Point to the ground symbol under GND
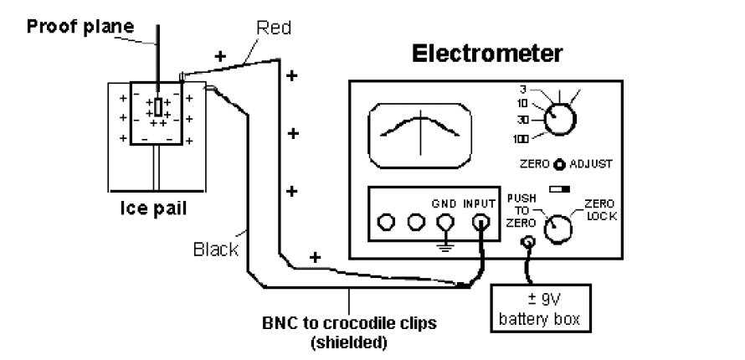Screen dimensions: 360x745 tap(444, 248)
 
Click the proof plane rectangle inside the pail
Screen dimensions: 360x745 tap(157, 107)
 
